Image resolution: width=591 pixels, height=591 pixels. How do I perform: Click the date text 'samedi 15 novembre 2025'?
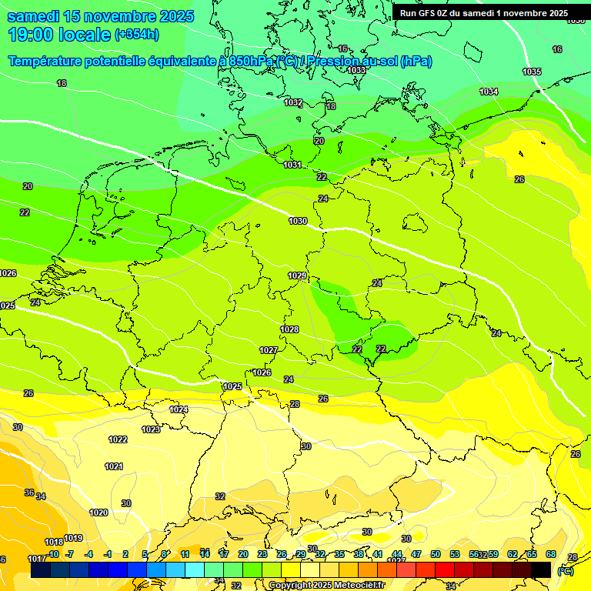point(100,16)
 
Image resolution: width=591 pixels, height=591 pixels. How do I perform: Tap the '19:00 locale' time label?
point(60,34)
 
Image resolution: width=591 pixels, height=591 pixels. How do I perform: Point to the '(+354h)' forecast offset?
point(137,35)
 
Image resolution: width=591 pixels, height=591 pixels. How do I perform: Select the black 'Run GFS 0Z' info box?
point(484,13)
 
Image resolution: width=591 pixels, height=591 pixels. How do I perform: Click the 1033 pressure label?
point(356,70)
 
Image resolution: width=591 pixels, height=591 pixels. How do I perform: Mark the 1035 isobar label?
point(532,72)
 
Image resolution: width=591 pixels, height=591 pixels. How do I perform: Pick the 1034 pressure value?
point(489,92)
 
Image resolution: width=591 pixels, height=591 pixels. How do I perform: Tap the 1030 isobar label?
point(298,221)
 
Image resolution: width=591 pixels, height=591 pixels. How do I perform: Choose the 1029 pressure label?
point(297,275)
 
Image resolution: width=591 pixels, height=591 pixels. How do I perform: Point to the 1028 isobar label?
point(289,329)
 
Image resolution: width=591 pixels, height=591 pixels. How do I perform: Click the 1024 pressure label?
point(179,409)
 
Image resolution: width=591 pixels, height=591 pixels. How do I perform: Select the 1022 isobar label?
point(118,439)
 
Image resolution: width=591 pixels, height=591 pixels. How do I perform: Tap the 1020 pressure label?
point(98,513)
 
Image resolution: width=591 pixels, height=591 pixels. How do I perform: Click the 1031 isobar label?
point(292,165)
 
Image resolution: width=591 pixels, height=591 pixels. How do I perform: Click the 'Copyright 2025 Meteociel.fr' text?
point(326,585)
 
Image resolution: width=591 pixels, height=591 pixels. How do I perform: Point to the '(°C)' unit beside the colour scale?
point(566,571)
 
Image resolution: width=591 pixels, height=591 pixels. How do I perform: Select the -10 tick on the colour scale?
point(53,554)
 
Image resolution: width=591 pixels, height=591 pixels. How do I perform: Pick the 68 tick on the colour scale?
point(551,554)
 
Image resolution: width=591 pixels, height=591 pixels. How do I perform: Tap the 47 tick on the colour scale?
point(416,554)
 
